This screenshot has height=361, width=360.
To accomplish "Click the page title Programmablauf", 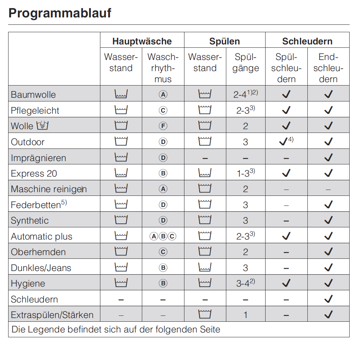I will [x=60, y=13].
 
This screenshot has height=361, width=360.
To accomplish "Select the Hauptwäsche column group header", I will [x=142, y=41].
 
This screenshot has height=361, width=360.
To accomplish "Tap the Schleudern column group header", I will [x=307, y=41].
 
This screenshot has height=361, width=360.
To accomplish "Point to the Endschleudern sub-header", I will [x=328, y=68].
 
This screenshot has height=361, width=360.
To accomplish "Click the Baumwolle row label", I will [x=33, y=94].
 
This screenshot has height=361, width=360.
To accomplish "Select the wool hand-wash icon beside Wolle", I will [x=43, y=126].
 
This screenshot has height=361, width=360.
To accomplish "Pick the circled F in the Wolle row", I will [x=163, y=126].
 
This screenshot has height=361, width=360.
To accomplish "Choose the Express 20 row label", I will [x=34, y=174].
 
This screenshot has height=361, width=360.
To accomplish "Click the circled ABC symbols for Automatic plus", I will [x=163, y=236].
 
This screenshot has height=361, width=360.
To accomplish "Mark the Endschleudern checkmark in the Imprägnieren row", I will [x=328, y=158].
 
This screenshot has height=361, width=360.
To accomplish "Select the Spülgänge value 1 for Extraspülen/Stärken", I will [x=246, y=315].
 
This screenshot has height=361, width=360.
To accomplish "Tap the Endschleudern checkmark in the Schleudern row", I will [x=328, y=299].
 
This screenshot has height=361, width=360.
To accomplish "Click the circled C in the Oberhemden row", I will [x=163, y=252].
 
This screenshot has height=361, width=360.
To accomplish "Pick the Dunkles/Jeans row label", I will [x=41, y=268].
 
